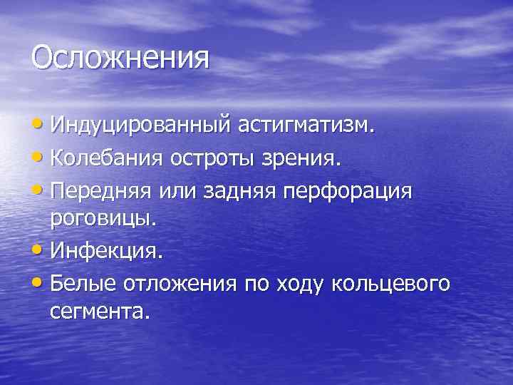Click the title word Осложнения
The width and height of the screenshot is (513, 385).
coord(120,58)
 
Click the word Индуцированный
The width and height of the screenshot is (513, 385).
coord(140,127)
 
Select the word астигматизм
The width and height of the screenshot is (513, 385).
coord(306,126)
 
